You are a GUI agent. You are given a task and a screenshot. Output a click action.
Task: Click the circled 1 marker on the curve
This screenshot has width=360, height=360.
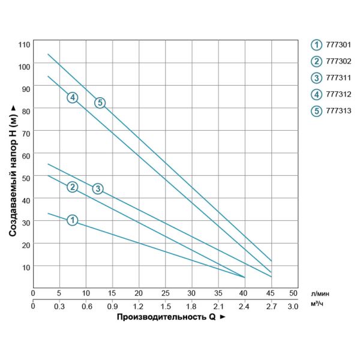coord(72,220)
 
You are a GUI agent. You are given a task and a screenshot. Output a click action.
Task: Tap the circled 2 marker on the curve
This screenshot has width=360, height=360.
coord(72,187)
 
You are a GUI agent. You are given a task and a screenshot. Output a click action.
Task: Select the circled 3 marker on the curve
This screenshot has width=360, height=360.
coord(98,189)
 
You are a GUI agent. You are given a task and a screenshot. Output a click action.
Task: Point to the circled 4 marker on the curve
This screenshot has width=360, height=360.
coord(72,97)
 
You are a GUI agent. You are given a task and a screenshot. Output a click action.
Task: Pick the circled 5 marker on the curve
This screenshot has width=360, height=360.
coord(100,103)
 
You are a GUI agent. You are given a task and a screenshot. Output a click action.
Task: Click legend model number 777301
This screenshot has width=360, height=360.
coord(338,44)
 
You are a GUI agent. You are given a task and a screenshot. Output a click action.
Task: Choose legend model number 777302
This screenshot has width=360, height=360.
coord(338,61)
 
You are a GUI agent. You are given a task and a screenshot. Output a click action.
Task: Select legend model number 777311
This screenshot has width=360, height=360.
coord(338,77)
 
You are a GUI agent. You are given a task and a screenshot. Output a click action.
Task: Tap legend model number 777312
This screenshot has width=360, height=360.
coord(338,94)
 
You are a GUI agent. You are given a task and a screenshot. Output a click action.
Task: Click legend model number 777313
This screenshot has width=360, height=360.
coord(338,110)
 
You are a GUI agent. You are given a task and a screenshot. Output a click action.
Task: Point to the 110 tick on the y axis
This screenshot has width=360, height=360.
coord(23,44)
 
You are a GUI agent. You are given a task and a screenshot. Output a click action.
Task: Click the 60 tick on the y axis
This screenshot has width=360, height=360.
coord(25,156)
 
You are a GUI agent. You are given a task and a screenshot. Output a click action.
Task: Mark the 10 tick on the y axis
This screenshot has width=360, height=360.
coord(25,266)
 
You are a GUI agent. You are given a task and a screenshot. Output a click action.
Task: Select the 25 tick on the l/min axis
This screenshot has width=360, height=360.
coord(164,293)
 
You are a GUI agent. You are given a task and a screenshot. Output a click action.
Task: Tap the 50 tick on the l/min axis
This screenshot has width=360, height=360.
coord(293,293)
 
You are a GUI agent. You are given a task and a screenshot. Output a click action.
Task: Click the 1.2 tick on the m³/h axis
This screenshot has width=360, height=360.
coord(138,307)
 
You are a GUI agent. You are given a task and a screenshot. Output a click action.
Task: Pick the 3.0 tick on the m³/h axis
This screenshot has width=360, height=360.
coord(293,307)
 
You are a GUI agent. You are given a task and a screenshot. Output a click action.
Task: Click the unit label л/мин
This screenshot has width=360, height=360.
coord(321,294)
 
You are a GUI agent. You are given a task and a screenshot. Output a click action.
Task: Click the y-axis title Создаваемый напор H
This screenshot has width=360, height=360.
coord(13,170)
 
